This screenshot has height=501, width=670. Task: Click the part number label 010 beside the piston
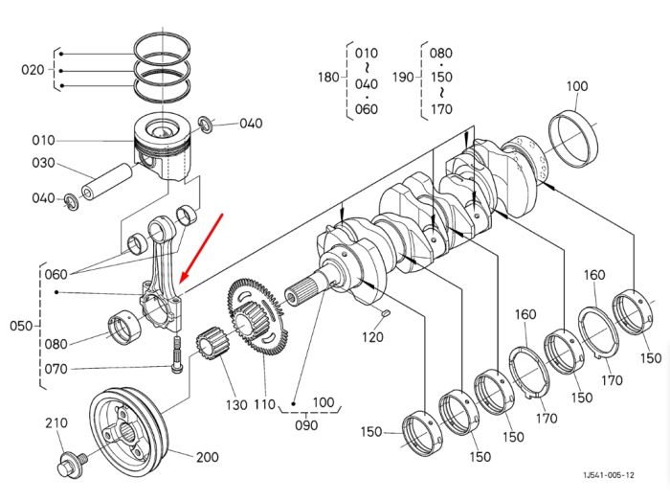pyautogui.click(x=43, y=140)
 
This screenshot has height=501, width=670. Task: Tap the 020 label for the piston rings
pyautogui.click(x=33, y=70)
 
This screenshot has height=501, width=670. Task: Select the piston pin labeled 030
pyautogui.click(x=107, y=182)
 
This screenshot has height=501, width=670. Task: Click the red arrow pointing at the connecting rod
pyautogui.click(x=201, y=248)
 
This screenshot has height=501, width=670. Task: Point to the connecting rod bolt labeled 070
pyautogui.click(x=176, y=354)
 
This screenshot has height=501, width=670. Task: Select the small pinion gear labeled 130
pyautogui.click(x=212, y=343)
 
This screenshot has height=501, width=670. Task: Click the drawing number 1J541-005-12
pyautogui.click(x=609, y=475)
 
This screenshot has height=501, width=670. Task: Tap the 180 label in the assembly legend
pyautogui.click(x=328, y=78)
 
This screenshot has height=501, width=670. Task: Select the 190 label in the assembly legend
pyautogui.click(x=403, y=78)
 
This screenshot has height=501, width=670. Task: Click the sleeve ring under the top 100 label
pyautogui.click(x=573, y=138)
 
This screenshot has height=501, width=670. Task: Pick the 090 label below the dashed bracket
pyautogui.click(x=306, y=425)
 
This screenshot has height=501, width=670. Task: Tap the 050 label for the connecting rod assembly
pyautogui.click(x=21, y=326)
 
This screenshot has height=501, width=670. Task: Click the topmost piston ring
pyautogui.click(x=162, y=48)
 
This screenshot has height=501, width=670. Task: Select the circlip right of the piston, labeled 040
pyautogui.click(x=208, y=124)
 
